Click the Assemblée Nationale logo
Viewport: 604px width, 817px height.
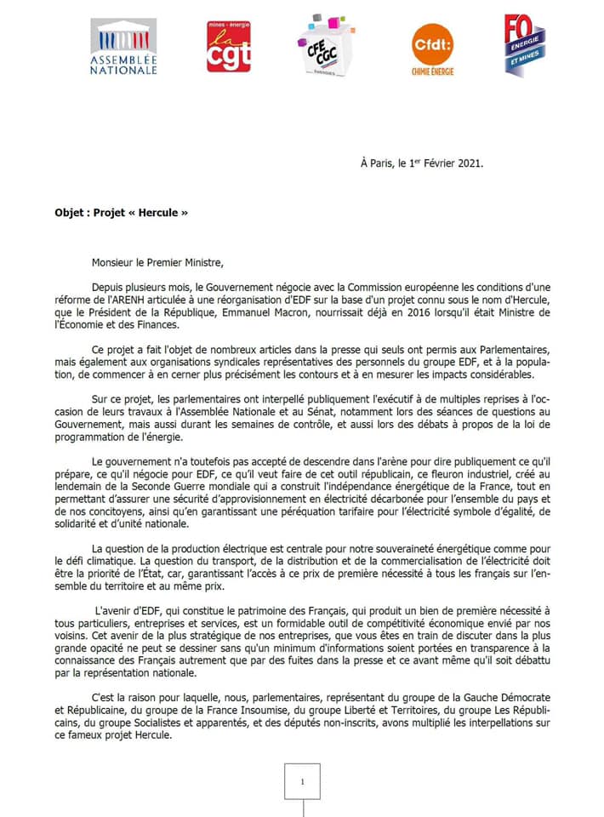(x=123, y=48)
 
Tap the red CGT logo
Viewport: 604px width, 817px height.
(x=229, y=47)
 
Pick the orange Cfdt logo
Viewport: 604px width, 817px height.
(x=432, y=48)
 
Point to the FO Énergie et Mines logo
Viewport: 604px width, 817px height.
(x=523, y=44)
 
